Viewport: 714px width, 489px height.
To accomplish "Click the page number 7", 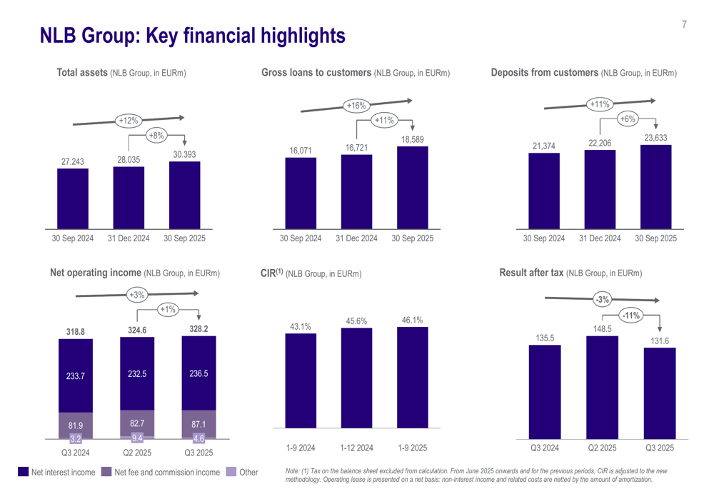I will tap(684, 25).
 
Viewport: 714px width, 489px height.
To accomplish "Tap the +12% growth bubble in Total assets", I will tap(129, 121).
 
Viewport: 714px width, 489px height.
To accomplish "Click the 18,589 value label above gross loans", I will tap(413, 139).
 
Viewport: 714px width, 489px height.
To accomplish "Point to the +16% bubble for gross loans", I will tap(356, 106).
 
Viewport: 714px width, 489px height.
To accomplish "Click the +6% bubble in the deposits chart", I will tap(627, 119).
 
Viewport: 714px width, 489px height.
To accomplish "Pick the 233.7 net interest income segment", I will tap(76, 376).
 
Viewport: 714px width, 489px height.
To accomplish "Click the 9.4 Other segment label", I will tap(137, 438).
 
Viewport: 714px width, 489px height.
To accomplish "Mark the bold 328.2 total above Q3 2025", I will tap(198, 330).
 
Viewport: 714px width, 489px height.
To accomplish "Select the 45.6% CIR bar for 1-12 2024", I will tap(356, 378).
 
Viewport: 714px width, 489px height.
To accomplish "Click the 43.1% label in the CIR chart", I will tap(301, 327).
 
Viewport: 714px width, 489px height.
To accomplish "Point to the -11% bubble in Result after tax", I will tap(630, 315).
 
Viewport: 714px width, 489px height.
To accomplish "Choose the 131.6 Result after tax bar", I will tap(659, 393).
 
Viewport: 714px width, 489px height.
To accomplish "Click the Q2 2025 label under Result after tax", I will tap(602, 448).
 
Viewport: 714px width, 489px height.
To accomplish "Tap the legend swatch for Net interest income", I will tap(23, 472).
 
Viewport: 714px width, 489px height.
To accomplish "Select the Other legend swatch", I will tap(231, 472).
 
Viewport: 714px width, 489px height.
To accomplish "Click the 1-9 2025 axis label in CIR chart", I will tap(412, 448).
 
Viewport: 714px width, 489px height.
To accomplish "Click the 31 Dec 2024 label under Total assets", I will tap(129, 238).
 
